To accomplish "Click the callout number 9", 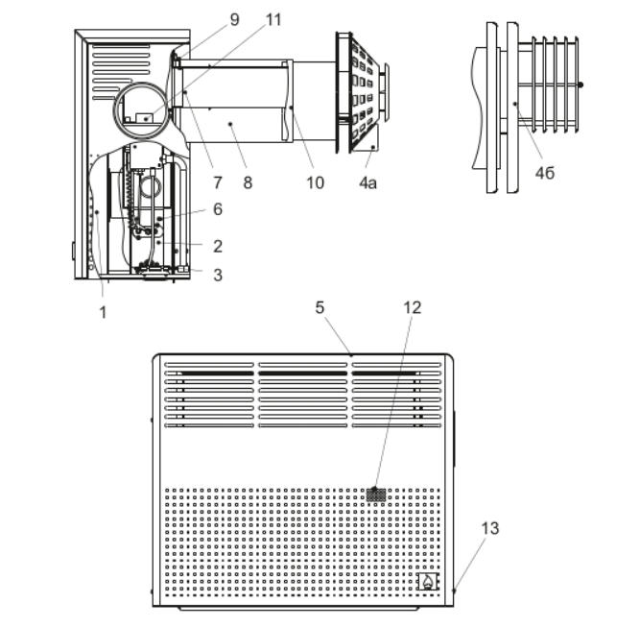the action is click(x=235, y=19).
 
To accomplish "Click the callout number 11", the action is click(x=273, y=19).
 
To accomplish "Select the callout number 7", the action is click(x=218, y=182).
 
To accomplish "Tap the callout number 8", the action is click(x=248, y=182).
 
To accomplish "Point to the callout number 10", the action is click(x=315, y=182).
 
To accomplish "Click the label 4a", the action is click(x=367, y=183).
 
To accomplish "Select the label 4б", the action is click(x=545, y=173).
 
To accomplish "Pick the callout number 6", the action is click(x=218, y=209).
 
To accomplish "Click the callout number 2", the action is click(x=218, y=247).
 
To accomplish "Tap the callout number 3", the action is click(x=218, y=275).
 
